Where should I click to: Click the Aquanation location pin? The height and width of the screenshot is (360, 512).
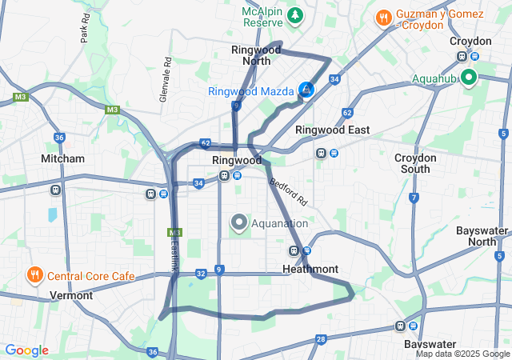pyautogui.click(x=239, y=222)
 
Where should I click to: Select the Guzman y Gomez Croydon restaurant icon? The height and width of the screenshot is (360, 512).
pyautogui.click(x=384, y=17)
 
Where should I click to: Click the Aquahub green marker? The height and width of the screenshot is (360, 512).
pyautogui.click(x=467, y=78)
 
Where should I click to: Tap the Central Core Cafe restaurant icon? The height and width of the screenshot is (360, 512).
pyautogui.click(x=35, y=276)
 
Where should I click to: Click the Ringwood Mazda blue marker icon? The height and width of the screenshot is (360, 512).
pyautogui.click(x=306, y=90)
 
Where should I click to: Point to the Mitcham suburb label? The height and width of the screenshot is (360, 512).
pyautogui.click(x=62, y=158)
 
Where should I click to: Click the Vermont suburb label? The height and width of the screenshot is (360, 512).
pyautogui.click(x=71, y=295)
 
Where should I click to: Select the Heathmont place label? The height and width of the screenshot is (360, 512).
pyautogui.click(x=310, y=270)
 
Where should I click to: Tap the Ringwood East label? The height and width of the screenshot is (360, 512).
pyautogui.click(x=332, y=130)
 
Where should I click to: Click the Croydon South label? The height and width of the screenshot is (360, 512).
pyautogui.click(x=416, y=163)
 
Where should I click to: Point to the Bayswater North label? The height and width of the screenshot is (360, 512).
pyautogui.click(x=482, y=236)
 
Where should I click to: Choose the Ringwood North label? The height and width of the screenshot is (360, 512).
pyautogui.click(x=256, y=54)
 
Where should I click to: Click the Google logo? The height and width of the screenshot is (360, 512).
pyautogui.click(x=26, y=350)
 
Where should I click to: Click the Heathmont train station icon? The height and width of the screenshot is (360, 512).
pyautogui.click(x=294, y=251)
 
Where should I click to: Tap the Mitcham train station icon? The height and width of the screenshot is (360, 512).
pyautogui.click(x=56, y=190)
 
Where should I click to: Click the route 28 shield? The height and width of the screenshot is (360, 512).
pyautogui.click(x=320, y=339)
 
